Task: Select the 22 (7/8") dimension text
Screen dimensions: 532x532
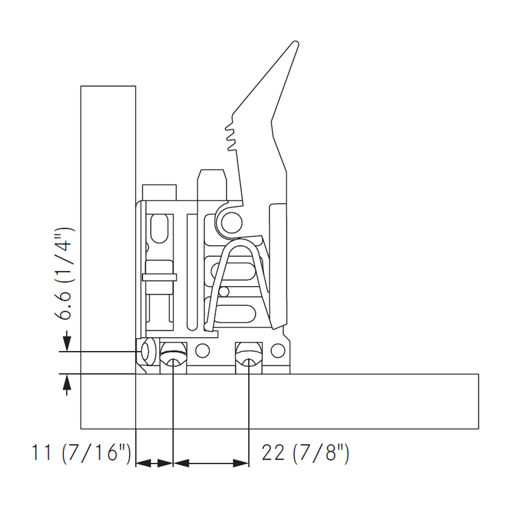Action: pyautogui.click(x=305, y=453)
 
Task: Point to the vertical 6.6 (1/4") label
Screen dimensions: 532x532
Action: pyautogui.click(x=65, y=275)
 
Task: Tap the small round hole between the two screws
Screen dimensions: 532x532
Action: pyautogui.click(x=202, y=351)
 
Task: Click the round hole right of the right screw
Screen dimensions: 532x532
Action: pyautogui.click(x=277, y=351)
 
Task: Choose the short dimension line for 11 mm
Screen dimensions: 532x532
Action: pyautogui.click(x=155, y=464)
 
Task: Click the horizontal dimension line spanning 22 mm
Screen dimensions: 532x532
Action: pyautogui.click(x=211, y=464)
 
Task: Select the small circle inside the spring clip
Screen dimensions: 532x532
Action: pyautogui.click(x=224, y=291)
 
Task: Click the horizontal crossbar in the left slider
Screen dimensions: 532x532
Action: pyautogui.click(x=159, y=278)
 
